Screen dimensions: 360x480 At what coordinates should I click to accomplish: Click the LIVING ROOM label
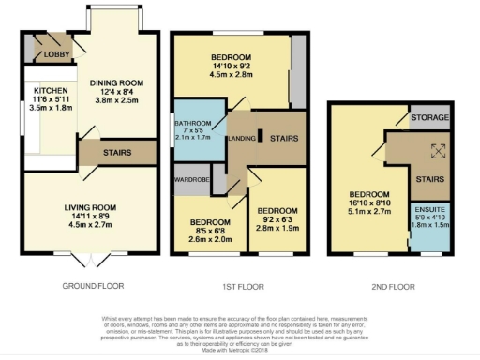pyautogui.click(x=89, y=207)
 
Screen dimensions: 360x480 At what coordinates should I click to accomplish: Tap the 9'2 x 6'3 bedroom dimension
pyautogui.click(x=277, y=218)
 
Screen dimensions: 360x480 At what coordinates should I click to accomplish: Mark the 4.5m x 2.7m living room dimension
pyautogui.click(x=89, y=225)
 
